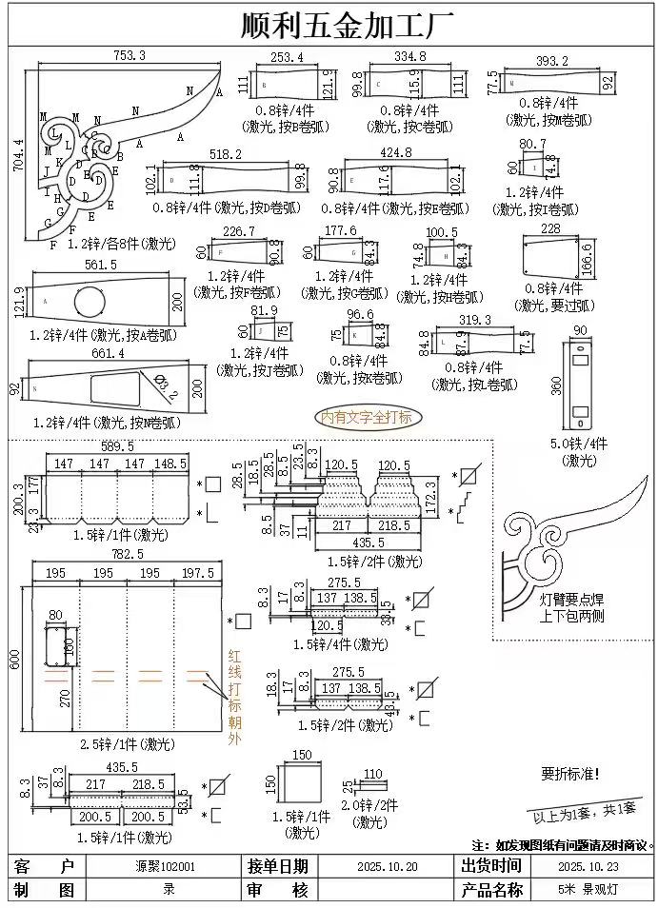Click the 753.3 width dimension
click(130, 55)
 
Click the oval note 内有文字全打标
click(367, 416)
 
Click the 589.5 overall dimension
click(117, 445)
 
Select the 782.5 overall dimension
click(126, 553)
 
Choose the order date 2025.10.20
click(387, 867)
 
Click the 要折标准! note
click(571, 774)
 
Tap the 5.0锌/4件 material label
click(578, 444)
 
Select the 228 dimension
click(550, 228)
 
